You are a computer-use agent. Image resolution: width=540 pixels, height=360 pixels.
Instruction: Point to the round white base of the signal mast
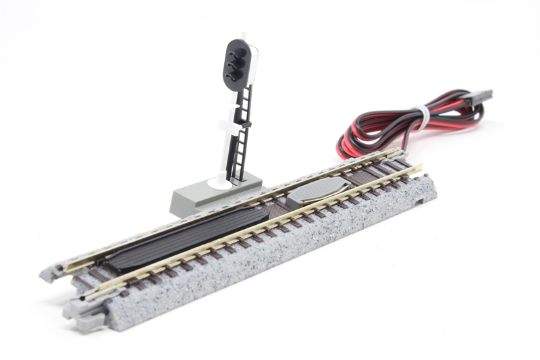click(218, 182)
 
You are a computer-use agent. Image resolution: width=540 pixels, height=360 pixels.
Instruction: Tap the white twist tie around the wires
click(421, 118)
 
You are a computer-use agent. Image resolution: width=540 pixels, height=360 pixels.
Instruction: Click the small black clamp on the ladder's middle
click(247, 124)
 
